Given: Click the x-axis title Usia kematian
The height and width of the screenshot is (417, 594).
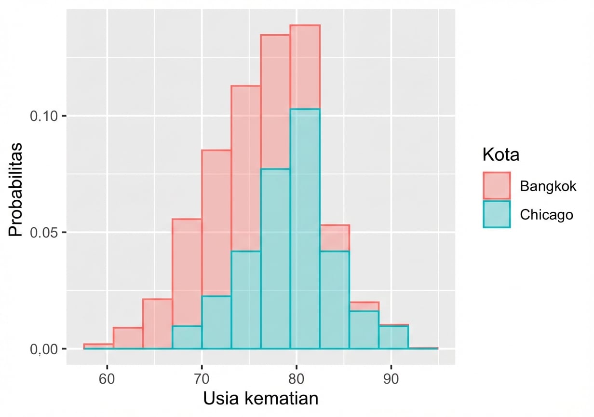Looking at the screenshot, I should [x=260, y=399].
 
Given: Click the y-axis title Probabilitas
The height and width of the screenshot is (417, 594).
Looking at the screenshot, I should [x=15, y=189].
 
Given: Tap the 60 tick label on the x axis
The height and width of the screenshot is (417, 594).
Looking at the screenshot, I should [x=107, y=379].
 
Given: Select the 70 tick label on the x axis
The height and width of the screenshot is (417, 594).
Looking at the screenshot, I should [x=202, y=379].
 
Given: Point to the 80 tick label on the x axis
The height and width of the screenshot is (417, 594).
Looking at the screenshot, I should [x=297, y=379].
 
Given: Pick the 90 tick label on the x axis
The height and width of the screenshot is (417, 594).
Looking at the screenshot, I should [x=391, y=379].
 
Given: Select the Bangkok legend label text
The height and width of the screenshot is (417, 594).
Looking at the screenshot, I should [x=548, y=186].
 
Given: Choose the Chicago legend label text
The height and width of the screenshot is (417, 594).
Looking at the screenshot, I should [x=547, y=214].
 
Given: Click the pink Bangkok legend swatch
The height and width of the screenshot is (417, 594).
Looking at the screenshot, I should [x=497, y=186].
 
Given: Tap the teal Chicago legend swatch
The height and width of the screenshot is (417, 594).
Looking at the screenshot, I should [x=497, y=214].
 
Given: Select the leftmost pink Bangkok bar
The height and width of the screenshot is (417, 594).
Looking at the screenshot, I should [x=98, y=346].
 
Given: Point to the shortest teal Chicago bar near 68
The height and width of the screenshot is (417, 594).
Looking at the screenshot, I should [x=187, y=337].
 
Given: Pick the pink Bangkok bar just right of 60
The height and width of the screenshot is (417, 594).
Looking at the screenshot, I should [x=128, y=338].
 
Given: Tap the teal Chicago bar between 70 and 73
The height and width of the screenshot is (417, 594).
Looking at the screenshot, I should [x=216, y=322].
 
